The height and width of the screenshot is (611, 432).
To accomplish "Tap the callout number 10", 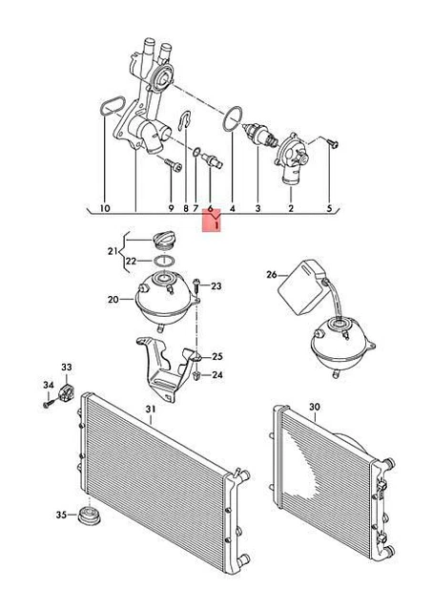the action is coord(105,208).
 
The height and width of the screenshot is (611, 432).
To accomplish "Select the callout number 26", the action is coord(272,275).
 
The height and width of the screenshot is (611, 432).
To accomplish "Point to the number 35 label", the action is coord(61,515).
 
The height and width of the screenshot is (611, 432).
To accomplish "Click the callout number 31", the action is coord(151,410).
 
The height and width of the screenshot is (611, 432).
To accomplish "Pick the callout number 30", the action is coord(315,407).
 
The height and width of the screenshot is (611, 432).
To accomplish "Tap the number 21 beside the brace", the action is coord(113,251).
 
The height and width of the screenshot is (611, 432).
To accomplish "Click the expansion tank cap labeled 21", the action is coord(163,240).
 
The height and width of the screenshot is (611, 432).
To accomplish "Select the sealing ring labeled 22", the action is coord(165,261).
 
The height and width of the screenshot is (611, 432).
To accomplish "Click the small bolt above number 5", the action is coord(333,143).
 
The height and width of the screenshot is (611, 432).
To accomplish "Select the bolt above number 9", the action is coord(173,164).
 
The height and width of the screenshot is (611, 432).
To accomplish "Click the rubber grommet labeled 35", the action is coord(90,516).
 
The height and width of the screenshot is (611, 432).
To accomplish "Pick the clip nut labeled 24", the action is coord(196,376).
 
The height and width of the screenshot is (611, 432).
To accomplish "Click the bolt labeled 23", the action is coord(196,285).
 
